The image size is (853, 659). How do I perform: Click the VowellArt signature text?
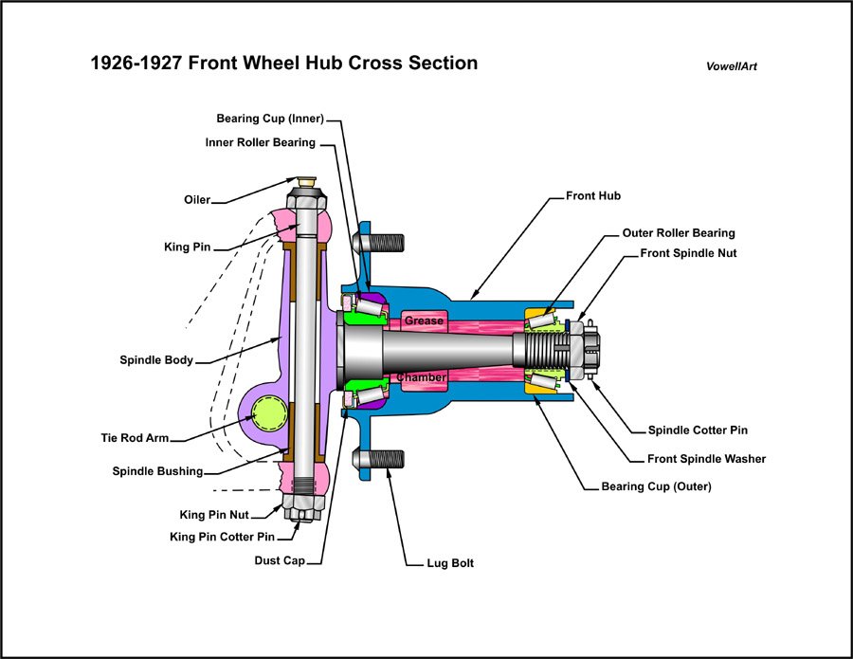(x=731, y=67)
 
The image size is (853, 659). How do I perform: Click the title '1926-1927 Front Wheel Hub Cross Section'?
(x=283, y=64)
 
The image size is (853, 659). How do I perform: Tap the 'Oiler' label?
(x=197, y=200)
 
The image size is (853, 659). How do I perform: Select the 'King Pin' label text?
(x=187, y=247)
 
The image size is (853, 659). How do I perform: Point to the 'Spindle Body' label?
(x=156, y=360)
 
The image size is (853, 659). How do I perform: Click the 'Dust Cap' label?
(x=280, y=560)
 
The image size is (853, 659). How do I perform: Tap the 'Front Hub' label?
(x=593, y=196)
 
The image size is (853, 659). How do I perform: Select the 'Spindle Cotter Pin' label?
(x=698, y=430)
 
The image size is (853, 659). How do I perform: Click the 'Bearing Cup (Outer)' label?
(x=656, y=486)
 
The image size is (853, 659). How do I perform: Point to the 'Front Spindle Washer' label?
(x=706, y=459)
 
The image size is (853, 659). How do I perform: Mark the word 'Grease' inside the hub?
(x=424, y=320)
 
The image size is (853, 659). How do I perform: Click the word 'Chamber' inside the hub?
(x=422, y=377)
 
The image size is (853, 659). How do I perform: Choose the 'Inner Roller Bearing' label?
(x=261, y=143)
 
